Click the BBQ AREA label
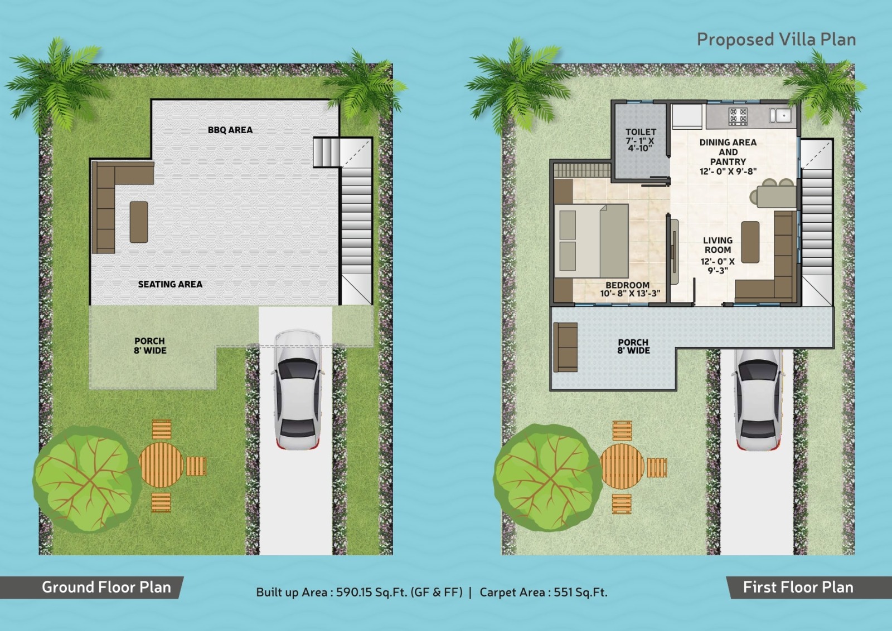click(x=230, y=130)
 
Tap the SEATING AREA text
click(x=170, y=284)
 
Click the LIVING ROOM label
click(x=718, y=245)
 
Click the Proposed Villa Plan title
click(x=776, y=40)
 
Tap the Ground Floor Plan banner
click(x=106, y=587)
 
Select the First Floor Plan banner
click(x=798, y=587)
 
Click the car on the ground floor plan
click(x=298, y=390)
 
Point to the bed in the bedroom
click(x=591, y=241)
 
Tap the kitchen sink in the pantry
click(x=780, y=115)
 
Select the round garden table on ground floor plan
click(x=161, y=465)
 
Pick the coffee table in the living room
click(x=750, y=242)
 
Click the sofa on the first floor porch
click(x=565, y=347)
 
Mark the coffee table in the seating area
click(x=139, y=222)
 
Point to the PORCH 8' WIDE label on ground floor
click(x=149, y=345)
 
